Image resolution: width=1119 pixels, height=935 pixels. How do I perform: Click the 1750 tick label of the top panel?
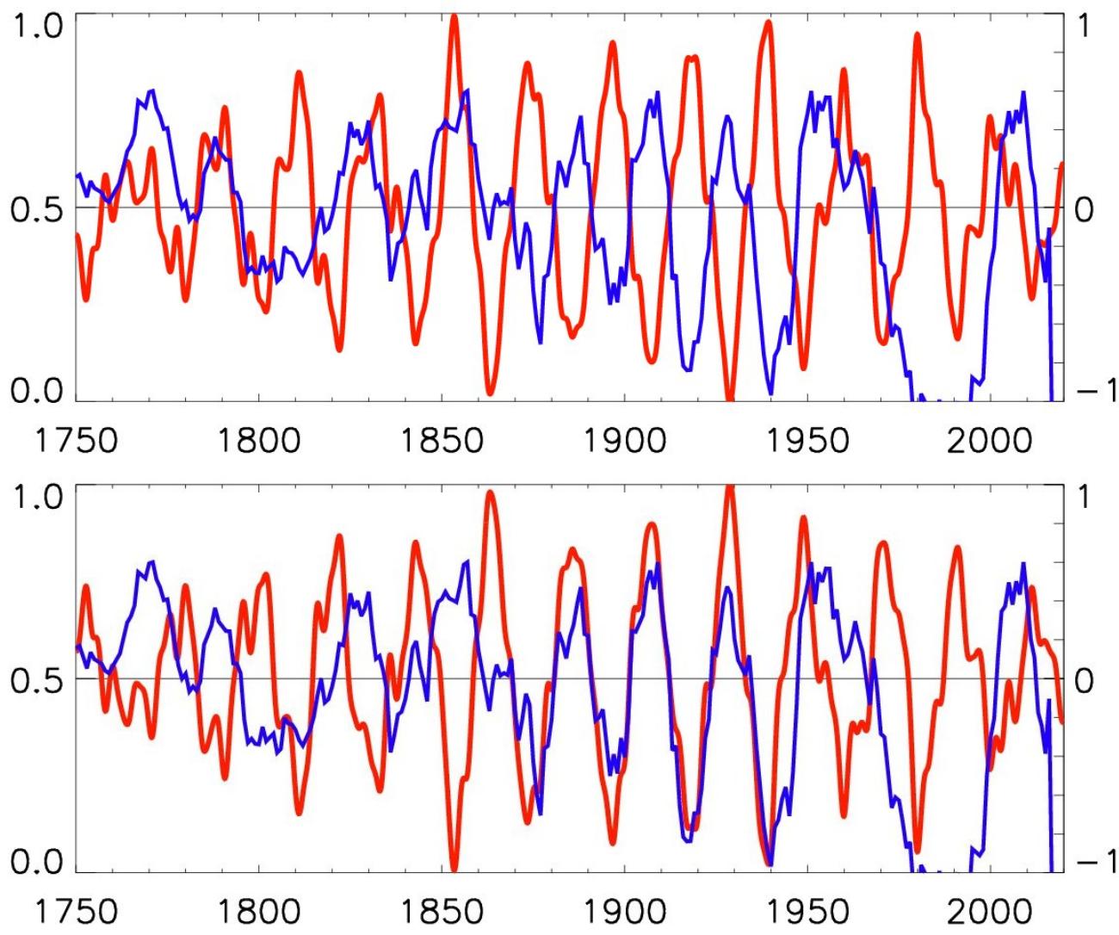pyautogui.click(x=77, y=440)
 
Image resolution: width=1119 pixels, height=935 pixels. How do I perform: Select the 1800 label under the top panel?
pyautogui.click(x=259, y=440)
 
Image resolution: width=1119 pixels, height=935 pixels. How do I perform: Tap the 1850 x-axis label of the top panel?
pyautogui.click(x=442, y=440)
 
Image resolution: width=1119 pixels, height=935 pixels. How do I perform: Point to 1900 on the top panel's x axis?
pyautogui.click(x=625, y=440)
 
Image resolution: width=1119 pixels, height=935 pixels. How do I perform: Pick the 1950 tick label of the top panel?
pyautogui.click(x=807, y=440)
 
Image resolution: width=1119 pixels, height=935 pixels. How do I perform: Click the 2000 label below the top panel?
pyautogui.click(x=991, y=440)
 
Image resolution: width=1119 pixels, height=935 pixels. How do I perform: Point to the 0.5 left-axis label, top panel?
pyautogui.click(x=36, y=209)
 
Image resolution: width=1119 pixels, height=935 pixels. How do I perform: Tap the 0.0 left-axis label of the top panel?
pyautogui.click(x=36, y=389)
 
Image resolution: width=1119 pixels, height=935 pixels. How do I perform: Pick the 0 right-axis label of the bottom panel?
pyautogui.click(x=1085, y=680)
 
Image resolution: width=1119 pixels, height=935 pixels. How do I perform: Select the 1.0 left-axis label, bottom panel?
pyautogui.click(x=36, y=497)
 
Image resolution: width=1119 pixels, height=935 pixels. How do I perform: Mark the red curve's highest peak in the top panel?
pyautogui.click(x=454, y=17)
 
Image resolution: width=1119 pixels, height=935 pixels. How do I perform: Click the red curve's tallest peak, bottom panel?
pyautogui.click(x=729, y=488)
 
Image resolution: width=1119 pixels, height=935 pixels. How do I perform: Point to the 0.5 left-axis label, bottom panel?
pyautogui.click(x=36, y=680)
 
